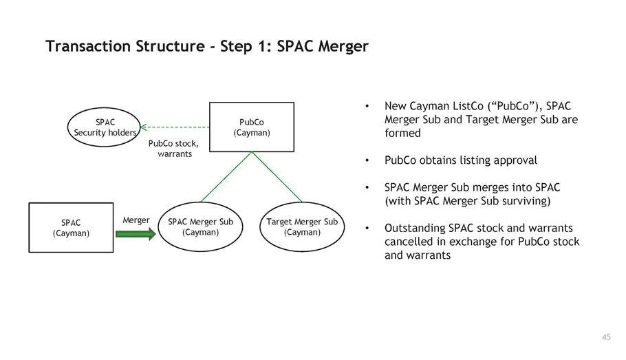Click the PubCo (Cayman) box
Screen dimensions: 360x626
(251, 127)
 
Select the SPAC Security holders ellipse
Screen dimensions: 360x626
(105, 127)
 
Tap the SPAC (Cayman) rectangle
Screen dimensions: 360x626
(71, 227)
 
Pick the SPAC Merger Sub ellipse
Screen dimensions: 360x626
(200, 226)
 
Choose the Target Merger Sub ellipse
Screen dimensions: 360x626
(302, 226)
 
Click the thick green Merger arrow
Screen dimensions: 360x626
(136, 234)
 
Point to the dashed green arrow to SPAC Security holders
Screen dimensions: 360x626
(175, 127)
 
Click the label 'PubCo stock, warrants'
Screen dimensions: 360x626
(173, 149)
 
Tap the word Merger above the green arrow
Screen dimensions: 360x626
(136, 220)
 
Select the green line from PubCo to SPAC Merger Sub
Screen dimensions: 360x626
(226, 178)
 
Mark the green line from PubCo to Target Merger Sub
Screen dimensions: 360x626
(277, 177)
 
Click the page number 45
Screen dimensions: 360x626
(605, 337)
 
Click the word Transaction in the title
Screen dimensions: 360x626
(87, 46)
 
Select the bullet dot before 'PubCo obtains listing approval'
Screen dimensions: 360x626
(368, 161)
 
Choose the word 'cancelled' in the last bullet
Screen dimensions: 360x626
(409, 242)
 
